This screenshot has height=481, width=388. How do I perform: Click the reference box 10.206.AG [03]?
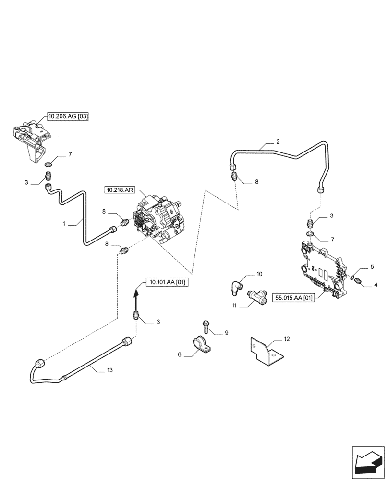click(x=68, y=116)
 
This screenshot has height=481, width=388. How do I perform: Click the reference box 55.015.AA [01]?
click(x=293, y=298)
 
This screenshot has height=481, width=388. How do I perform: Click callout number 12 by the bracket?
click(x=287, y=339)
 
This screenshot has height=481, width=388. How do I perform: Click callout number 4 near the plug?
click(x=376, y=285)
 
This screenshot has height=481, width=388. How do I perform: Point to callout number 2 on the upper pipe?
click(x=278, y=142)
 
